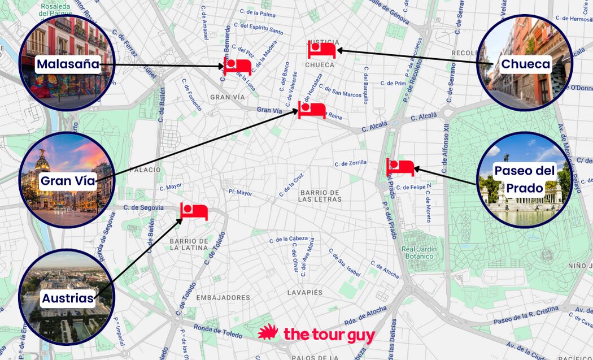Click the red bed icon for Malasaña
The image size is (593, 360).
coord(237,66)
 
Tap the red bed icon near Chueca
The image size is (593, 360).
coord(322,49)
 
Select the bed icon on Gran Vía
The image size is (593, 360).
coord(312,110)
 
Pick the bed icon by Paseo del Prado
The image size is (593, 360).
coord(400,167)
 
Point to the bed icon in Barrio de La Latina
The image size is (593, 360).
coord(194,211)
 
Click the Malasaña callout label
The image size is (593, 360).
coord(68,64)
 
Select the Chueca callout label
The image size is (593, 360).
coord(525,64)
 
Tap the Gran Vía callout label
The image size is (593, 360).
coord(67,181)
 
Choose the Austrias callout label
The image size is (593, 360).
coord(67,298)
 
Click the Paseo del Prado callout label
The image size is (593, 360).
coord(525,179)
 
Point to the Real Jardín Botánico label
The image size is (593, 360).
coord(417,253)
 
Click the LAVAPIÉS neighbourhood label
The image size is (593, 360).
coord(304,292)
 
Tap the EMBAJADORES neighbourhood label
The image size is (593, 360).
coord(223,297)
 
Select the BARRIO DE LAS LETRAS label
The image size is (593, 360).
coord(320,196)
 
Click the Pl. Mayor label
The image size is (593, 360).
coord(240,193)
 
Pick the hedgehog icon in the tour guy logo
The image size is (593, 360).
coord(269,333)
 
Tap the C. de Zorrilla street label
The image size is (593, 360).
coord(350,163)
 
